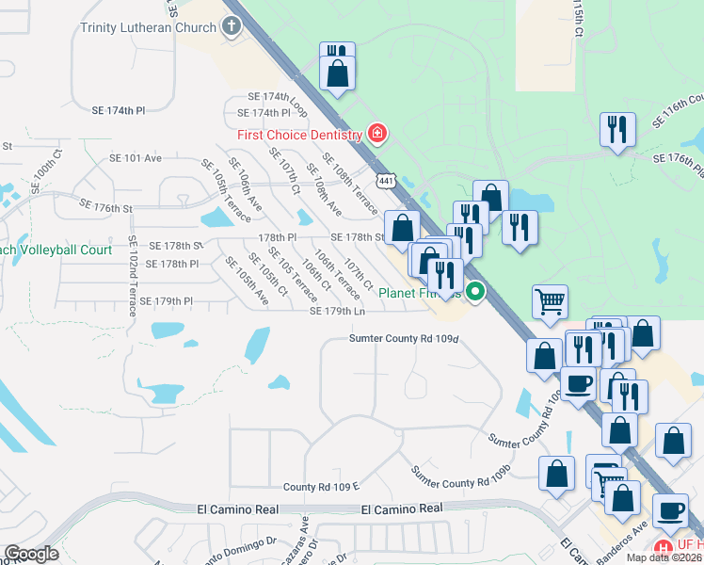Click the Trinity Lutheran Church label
coord(149,27)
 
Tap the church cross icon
coord(232,26)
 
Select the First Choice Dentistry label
coord(299,135)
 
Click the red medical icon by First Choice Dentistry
coord(377,134)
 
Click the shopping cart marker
coord(550,303)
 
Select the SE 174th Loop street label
coord(279,97)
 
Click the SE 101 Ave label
coord(136,158)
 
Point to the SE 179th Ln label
coord(337,311)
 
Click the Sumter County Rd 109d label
coord(404,338)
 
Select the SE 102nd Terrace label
coord(133,273)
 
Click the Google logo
coord(31,554)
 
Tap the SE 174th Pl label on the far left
coord(119,110)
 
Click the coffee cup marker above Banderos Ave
coord(669,510)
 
